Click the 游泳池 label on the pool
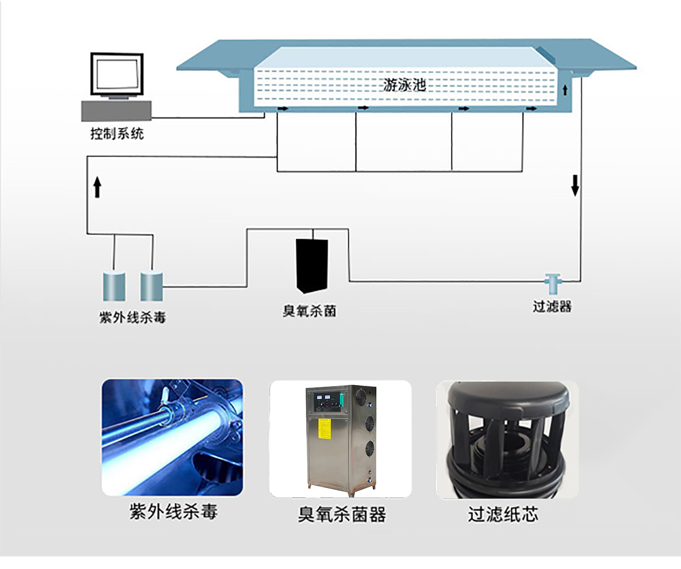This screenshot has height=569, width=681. [x=404, y=86]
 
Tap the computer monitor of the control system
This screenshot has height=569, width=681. [x=116, y=74]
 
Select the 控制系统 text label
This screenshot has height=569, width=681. [x=117, y=134]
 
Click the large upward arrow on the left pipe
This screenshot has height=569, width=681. [x=97, y=187]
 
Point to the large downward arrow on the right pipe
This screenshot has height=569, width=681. [x=575, y=185]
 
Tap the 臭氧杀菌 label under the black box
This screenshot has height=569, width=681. [x=309, y=311]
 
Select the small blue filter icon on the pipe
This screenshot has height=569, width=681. [x=552, y=281]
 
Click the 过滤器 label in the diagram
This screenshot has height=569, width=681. [x=552, y=307]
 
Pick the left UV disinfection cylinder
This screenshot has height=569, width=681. [x=114, y=286]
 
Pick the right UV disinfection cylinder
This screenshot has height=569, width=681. [x=152, y=286]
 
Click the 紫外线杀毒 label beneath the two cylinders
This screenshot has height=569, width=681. [x=132, y=317]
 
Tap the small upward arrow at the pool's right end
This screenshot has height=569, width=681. [x=565, y=90]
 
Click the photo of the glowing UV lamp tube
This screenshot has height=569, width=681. [x=172, y=438]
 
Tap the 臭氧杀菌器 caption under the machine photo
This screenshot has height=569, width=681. [x=342, y=514]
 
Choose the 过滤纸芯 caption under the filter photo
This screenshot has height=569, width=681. [x=503, y=514]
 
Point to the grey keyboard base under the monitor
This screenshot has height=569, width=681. [x=116, y=110]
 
